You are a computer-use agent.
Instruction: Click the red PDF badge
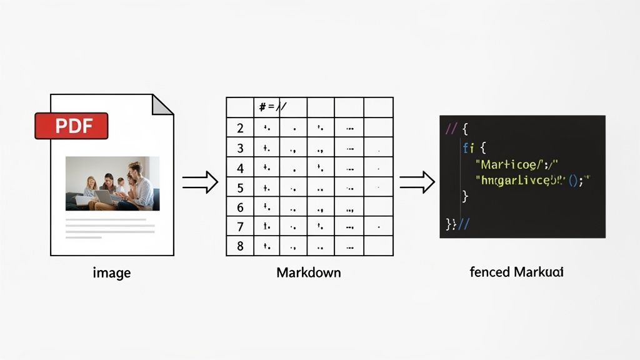coord(71,126)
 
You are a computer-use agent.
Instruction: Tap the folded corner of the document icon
coord(162,104)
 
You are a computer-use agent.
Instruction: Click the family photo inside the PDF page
coord(112,183)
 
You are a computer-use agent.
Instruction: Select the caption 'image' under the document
coord(112,272)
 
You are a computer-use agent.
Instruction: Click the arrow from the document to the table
coord(200,182)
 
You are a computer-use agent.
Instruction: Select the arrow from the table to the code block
coord(417,182)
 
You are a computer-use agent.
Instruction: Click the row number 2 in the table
coord(240,129)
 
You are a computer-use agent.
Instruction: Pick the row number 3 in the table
coord(240,149)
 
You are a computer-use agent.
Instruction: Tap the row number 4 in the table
coord(240,168)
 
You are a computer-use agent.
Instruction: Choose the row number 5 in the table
coord(240,187)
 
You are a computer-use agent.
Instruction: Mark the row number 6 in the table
coord(240,207)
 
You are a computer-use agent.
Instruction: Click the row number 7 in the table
coord(240,226)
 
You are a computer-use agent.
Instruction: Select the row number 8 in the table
coord(240,246)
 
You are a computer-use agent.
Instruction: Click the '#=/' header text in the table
coord(272,107)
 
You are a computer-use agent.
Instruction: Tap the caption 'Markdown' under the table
coord(309,272)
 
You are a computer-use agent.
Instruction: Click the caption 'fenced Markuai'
coord(516,272)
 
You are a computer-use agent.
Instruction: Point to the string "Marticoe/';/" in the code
coord(516,165)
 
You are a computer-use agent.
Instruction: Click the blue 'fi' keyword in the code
coord(469,149)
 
